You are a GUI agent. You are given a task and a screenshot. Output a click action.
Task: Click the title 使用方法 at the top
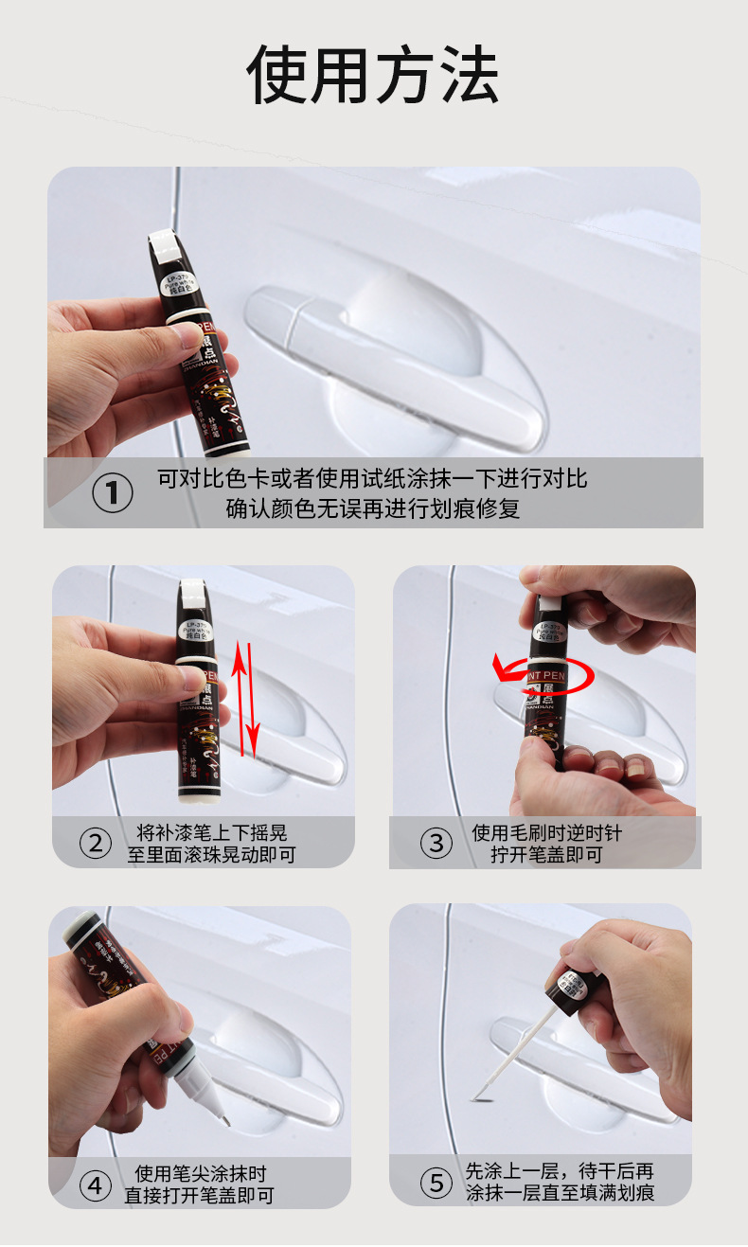point(373,75)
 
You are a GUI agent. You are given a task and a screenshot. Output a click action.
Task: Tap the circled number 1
point(113,493)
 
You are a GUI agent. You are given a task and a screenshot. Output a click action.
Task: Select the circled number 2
point(95,842)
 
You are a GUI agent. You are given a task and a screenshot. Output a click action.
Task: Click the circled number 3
point(436,843)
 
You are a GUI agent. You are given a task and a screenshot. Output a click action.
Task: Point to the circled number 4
point(94,1185)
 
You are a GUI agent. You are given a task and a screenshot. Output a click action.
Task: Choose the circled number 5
point(436,1183)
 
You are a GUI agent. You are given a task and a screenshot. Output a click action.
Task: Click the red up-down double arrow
point(245,699)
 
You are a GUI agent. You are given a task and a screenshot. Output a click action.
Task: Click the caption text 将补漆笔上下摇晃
point(211,833)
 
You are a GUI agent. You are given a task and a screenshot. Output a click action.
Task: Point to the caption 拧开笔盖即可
point(546,855)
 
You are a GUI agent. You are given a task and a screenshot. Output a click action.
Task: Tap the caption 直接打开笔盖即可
point(199,1196)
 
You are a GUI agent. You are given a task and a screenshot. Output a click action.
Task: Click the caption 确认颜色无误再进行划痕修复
point(372,508)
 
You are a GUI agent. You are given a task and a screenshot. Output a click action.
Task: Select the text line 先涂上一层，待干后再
point(559,1171)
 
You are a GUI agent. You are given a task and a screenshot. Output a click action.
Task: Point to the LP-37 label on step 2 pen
point(198,629)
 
